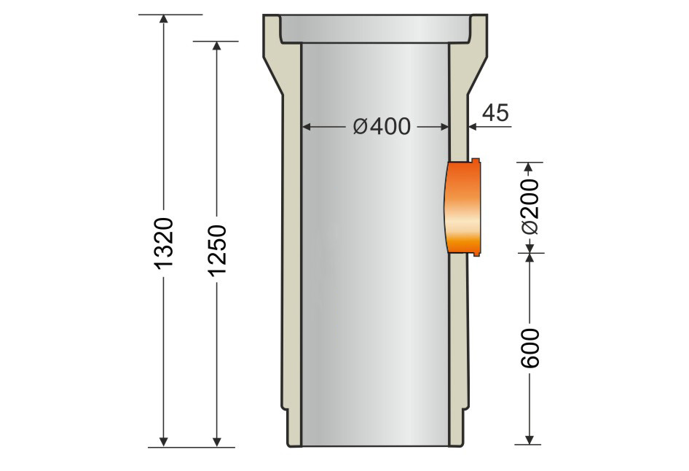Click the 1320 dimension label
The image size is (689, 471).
point(164,241)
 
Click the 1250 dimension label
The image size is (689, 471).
point(216,250)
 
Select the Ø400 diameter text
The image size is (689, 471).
point(381,127)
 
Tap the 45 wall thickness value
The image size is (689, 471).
point(495,112)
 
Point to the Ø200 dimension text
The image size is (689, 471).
point(530,206)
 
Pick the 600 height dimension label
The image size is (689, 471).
point(530,347)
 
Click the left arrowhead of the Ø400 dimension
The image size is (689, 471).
point(307,127)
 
